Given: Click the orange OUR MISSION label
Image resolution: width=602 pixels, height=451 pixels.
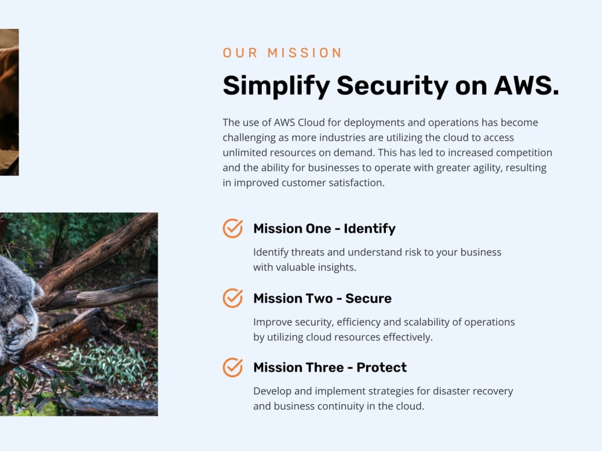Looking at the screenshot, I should pos(282,53).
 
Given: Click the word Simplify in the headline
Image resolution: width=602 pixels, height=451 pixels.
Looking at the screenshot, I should pos(276,85).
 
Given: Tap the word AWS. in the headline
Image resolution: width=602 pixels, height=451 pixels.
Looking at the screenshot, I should pos(526,85).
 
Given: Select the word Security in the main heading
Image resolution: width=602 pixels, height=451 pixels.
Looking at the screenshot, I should pos(392,85).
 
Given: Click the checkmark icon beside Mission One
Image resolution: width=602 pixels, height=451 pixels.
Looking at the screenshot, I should pos(233,229).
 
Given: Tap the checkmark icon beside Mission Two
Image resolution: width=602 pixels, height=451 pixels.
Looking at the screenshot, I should pos(233,298).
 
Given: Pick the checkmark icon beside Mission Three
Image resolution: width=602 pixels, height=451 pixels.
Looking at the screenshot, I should pos(233,367).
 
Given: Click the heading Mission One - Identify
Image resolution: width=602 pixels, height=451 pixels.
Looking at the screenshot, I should pos(324,229).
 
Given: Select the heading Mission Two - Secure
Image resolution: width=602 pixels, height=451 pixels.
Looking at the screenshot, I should pos(322,298).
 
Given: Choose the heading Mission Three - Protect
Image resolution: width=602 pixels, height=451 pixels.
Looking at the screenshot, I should pos(330,367).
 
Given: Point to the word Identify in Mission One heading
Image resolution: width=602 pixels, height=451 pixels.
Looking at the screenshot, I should pos(370,229).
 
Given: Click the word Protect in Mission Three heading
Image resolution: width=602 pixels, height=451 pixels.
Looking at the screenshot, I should pos(382,367).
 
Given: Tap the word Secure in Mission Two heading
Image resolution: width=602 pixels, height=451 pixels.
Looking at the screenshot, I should pos(368,298).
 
